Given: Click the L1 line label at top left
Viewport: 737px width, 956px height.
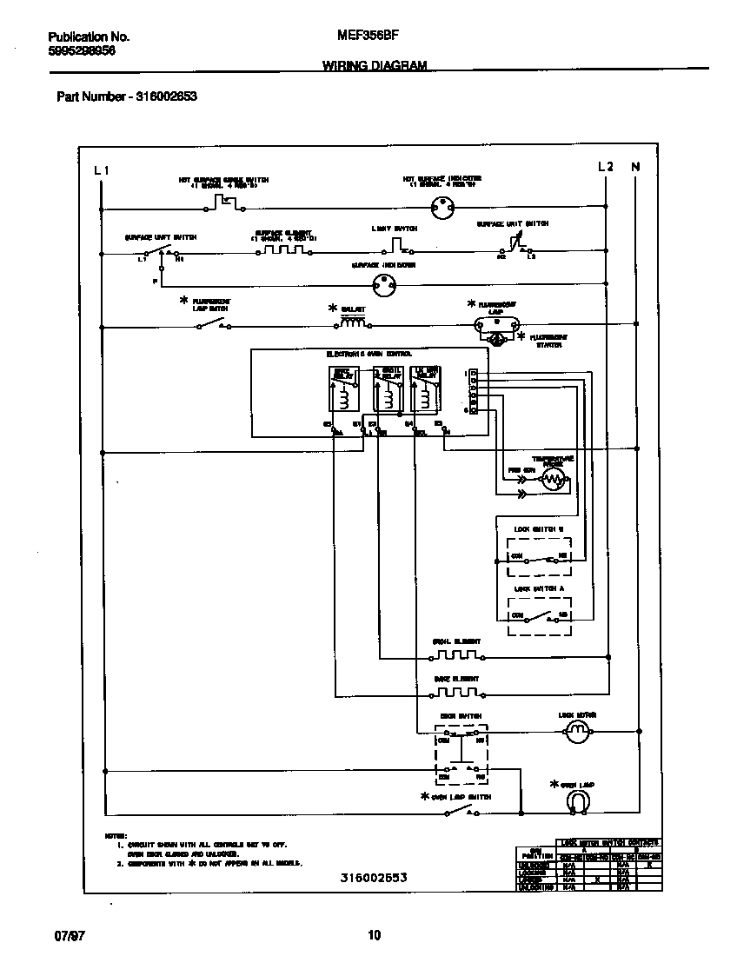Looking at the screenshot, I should click(x=102, y=169).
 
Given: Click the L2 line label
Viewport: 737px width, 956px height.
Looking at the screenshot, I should click(x=606, y=167).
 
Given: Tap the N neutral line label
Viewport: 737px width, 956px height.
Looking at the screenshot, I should click(x=635, y=167).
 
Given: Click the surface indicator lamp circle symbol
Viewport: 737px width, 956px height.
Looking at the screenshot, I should click(x=382, y=282).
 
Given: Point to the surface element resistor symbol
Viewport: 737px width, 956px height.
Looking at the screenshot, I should click(x=284, y=250).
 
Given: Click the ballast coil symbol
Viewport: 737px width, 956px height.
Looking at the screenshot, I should click(x=352, y=324).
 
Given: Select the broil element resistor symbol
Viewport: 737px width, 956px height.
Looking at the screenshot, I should click(x=456, y=655).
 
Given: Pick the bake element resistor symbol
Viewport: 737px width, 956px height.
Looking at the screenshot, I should click(x=456, y=693).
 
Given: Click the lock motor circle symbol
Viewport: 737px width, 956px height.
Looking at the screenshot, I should click(x=578, y=734).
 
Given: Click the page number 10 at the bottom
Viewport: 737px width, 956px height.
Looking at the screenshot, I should click(x=374, y=935).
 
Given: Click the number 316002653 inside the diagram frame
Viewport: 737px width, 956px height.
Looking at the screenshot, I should click(x=374, y=878).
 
